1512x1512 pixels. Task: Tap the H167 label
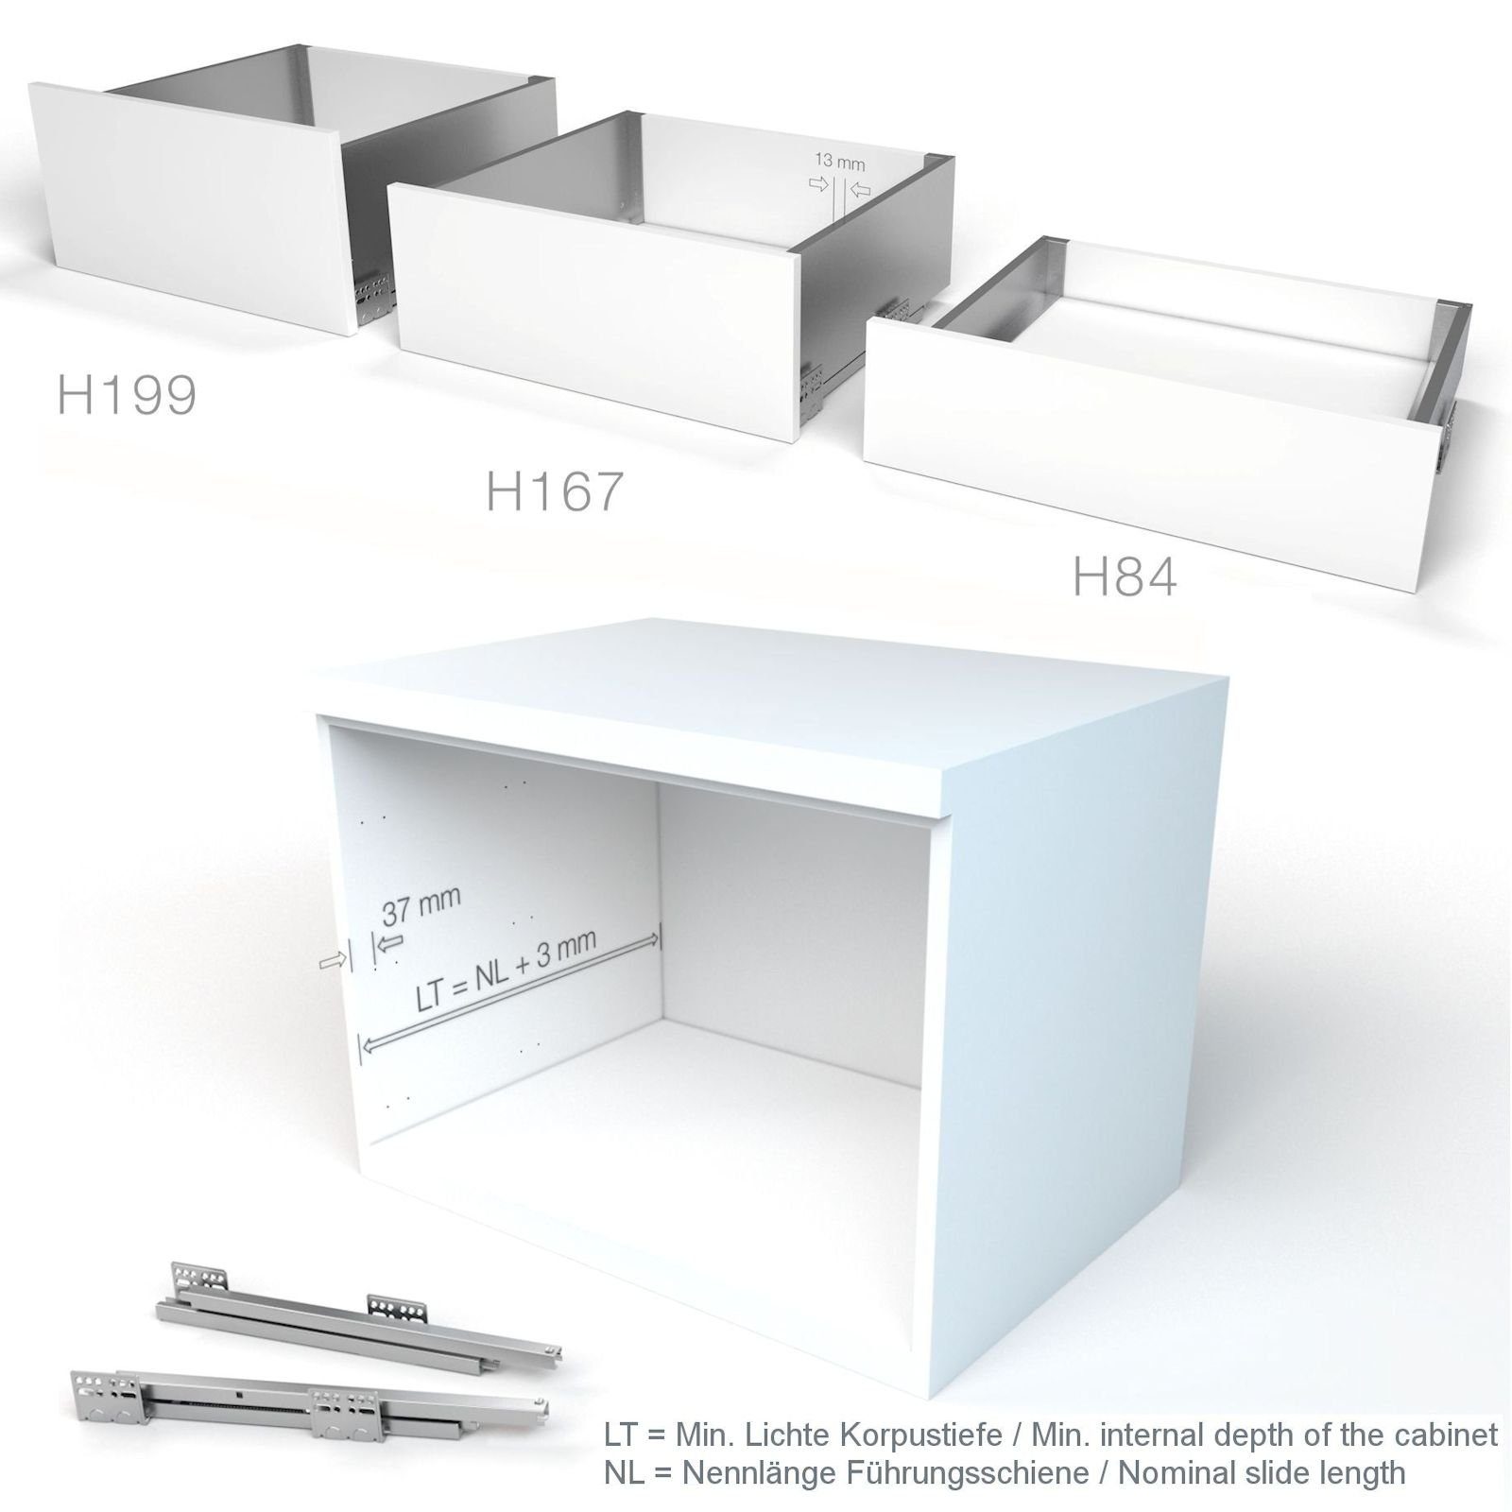(x=555, y=491)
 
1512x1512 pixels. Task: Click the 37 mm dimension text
(x=421, y=906)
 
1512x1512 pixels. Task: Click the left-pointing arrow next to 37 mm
(x=390, y=941)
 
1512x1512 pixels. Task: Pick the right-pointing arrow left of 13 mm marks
(x=818, y=183)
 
